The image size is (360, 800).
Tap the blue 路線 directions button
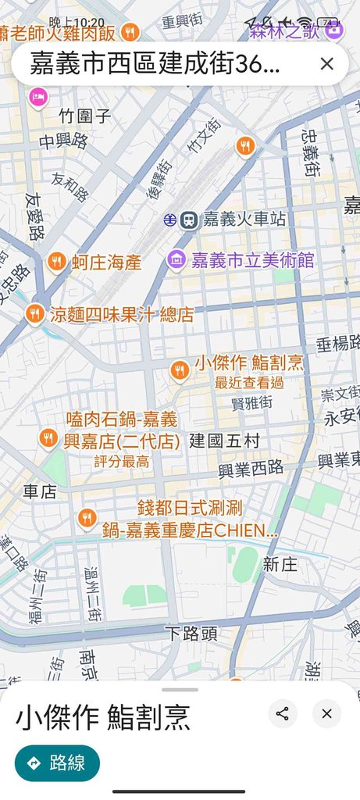57,763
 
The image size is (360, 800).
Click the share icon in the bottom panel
283,713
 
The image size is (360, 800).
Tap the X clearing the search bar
327,64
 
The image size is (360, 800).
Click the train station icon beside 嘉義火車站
188,220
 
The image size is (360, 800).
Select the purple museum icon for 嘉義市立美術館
177,259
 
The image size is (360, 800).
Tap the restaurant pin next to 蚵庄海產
56,262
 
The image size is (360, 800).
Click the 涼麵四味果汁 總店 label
122,315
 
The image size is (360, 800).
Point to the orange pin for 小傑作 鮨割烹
180,370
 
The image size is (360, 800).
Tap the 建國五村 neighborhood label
224,441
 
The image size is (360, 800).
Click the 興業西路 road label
251,469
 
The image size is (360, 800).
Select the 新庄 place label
280,564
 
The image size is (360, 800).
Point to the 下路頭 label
192,633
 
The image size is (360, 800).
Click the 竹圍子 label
86,116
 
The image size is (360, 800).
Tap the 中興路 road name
64,141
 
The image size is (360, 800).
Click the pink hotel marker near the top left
37,97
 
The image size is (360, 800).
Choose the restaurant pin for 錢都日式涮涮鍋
87,517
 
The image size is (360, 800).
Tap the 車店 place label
39,491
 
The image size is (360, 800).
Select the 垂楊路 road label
337,341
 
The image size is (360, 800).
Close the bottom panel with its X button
326,713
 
